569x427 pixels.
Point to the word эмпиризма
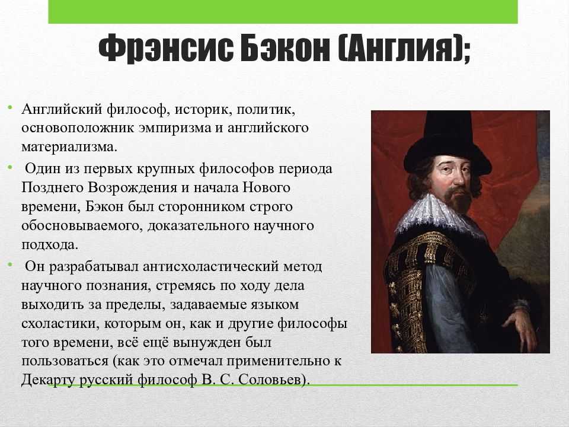pos(175,128)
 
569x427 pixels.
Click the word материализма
pos(69,147)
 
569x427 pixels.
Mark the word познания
pos(117,286)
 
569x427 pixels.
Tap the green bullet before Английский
pos(10,107)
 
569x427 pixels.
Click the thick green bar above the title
pos(283,12)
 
